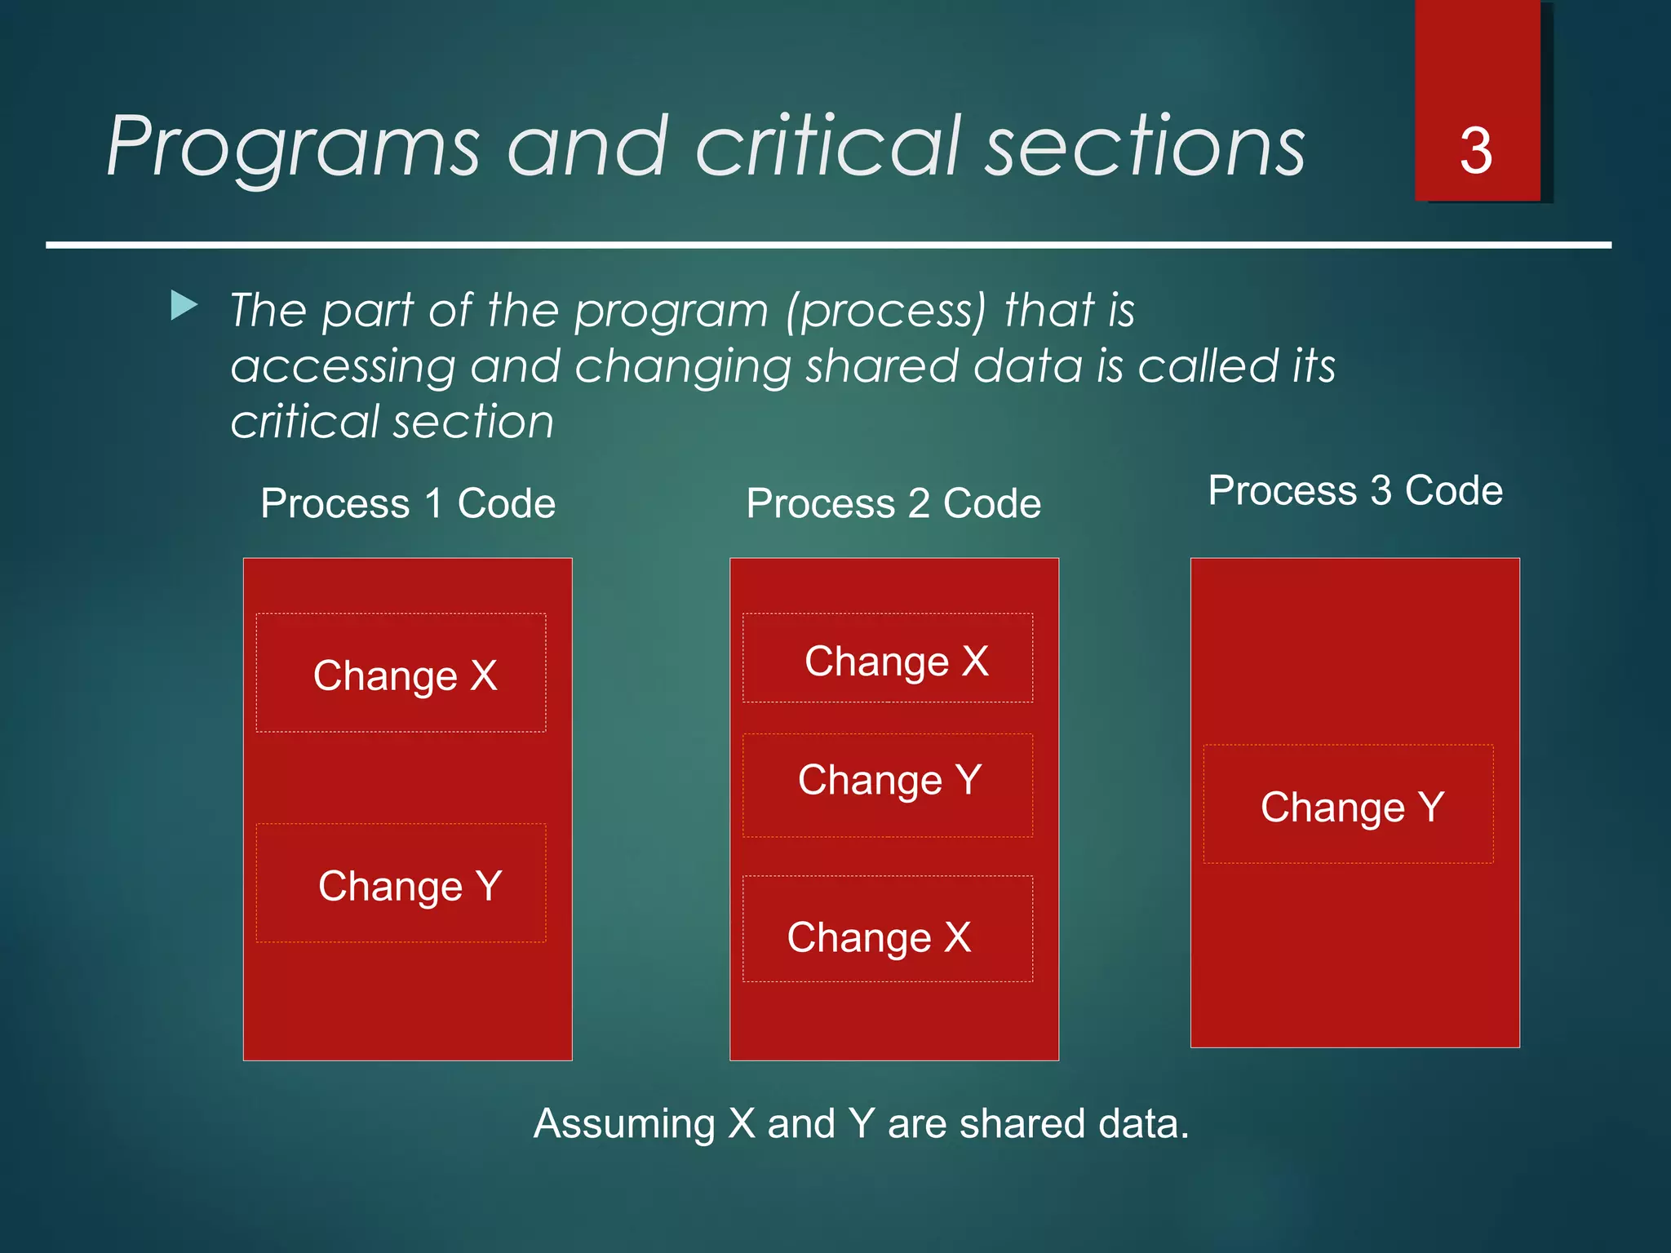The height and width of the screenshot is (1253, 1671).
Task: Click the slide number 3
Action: [1475, 152]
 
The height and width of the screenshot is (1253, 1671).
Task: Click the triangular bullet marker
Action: [184, 307]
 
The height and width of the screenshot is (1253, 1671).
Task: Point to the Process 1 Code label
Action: [408, 503]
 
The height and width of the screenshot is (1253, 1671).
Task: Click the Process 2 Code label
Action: [893, 503]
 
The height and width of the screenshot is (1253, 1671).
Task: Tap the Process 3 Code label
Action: [1355, 490]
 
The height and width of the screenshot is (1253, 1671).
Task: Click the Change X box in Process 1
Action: [401, 673]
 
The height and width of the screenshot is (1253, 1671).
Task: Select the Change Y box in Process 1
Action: [401, 883]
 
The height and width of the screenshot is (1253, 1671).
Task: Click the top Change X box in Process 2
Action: [888, 658]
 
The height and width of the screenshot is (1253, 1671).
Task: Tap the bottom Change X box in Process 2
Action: [888, 929]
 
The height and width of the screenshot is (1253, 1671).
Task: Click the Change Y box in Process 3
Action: [1349, 804]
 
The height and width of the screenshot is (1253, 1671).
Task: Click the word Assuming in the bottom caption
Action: [624, 1125]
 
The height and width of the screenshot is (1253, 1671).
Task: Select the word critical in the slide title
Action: [828, 148]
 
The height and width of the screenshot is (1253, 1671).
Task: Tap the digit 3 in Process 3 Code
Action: [1381, 490]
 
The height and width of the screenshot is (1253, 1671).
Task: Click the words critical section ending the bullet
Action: [392, 422]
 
